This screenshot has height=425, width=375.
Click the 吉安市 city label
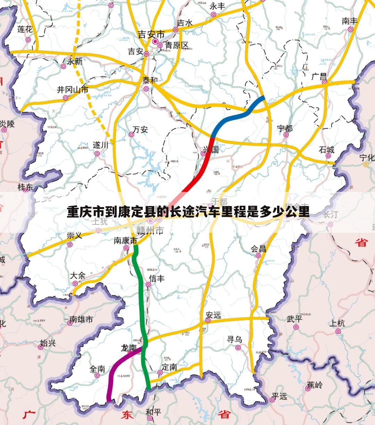tap(151, 34)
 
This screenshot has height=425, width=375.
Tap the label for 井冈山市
tap(73, 90)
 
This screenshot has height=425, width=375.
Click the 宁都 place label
tap(285, 128)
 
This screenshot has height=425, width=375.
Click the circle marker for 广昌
tap(324, 82)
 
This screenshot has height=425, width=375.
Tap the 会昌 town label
tap(258, 249)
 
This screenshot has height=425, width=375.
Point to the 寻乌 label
tap(234, 339)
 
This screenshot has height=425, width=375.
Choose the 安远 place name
tap(213, 315)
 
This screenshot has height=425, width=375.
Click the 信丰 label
tap(157, 278)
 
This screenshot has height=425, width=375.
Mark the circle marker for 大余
tap(75, 283)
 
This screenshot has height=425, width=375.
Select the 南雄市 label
tap(81, 319)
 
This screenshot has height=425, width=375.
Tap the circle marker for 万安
tap(132, 135)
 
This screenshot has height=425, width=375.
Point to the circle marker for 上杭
tap(338, 331)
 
